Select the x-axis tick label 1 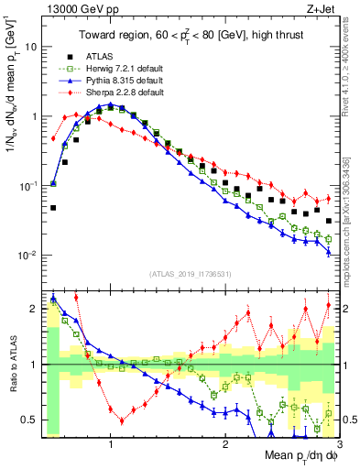pos(111,442)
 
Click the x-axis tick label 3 pos(339,442)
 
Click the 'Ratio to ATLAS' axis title pos(11,365)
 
